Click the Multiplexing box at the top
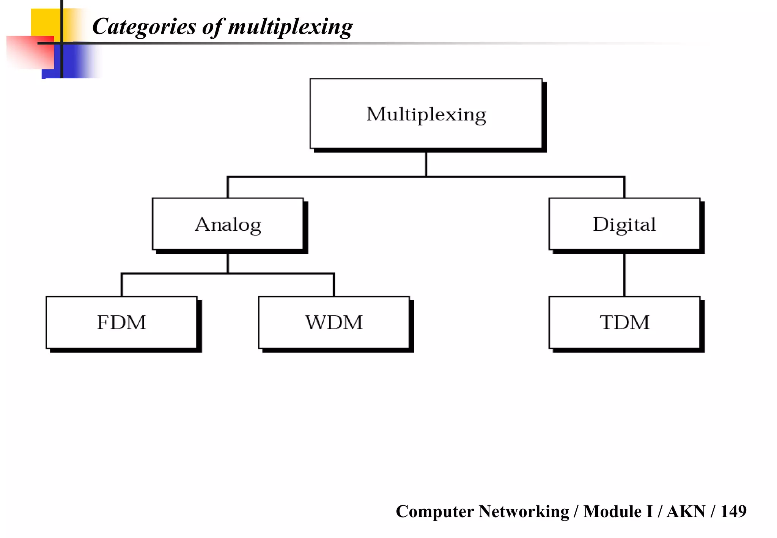click(426, 114)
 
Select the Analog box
click(228, 224)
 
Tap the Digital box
click(624, 224)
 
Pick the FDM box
click(121, 322)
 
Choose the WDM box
click(334, 322)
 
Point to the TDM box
click(624, 322)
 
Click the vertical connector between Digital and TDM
click(624, 275)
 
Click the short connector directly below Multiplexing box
click(426, 164)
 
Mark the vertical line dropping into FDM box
click(121, 285)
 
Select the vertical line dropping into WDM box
click(334, 285)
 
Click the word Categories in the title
click(144, 27)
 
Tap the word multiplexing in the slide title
click(290, 27)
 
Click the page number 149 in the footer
click(733, 511)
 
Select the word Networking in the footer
click(524, 511)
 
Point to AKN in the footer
click(686, 511)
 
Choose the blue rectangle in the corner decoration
click(72, 63)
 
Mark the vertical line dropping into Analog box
click(228, 187)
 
